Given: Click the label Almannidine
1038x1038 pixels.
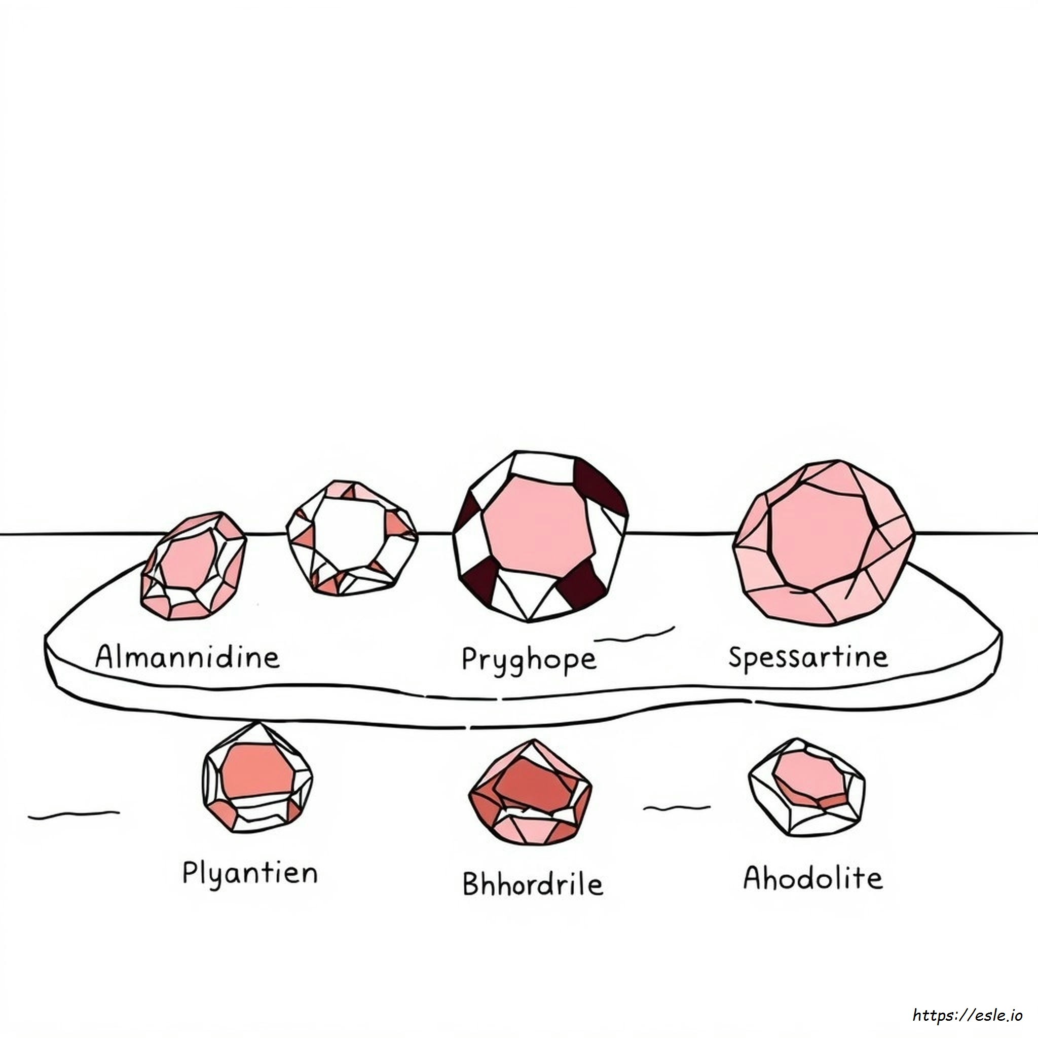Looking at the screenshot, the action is click(x=188, y=656).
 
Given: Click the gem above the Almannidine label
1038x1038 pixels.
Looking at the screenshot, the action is click(x=194, y=565).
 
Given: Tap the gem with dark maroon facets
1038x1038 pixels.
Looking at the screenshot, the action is click(x=540, y=536).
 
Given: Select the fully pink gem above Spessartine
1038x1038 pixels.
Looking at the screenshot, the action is click(x=824, y=543).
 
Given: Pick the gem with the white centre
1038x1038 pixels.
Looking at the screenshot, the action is click(x=352, y=538).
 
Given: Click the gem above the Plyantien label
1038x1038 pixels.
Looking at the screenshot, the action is click(x=257, y=778).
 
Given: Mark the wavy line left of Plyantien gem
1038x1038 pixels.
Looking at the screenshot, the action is click(x=73, y=814).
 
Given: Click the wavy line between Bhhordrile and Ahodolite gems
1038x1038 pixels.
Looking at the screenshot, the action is click(x=677, y=807).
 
